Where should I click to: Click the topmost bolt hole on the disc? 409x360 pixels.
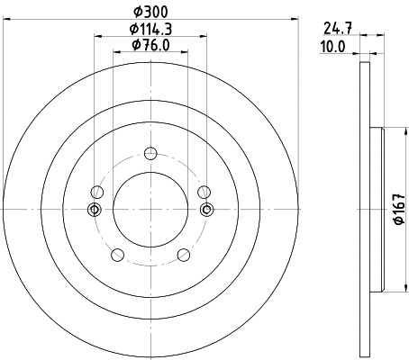tap(150, 152)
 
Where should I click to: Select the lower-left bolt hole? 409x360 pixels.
tap(116, 255)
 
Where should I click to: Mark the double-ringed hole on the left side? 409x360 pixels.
tap(95, 210)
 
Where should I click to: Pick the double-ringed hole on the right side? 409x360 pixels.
tap(206, 210)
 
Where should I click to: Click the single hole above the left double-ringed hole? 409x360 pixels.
tap(96, 191)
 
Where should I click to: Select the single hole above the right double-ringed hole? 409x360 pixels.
tap(204, 191)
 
